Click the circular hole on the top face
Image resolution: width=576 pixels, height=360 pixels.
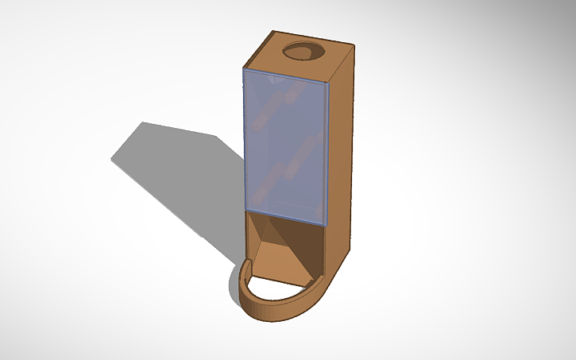304,51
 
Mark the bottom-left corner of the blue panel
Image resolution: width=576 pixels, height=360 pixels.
244,209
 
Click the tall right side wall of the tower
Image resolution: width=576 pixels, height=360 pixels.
340,151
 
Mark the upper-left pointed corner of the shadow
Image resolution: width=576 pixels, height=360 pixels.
143,123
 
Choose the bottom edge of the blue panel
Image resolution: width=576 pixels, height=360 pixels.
284,215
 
